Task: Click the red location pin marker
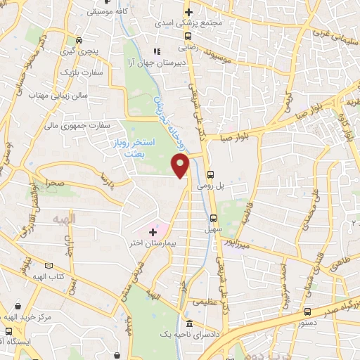pyautogui.click(x=181, y=166)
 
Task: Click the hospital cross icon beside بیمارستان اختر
pyautogui.click(x=153, y=231)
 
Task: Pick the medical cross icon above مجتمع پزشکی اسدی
pyautogui.click(x=188, y=12)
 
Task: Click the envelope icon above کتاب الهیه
pyautogui.click(x=49, y=266)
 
